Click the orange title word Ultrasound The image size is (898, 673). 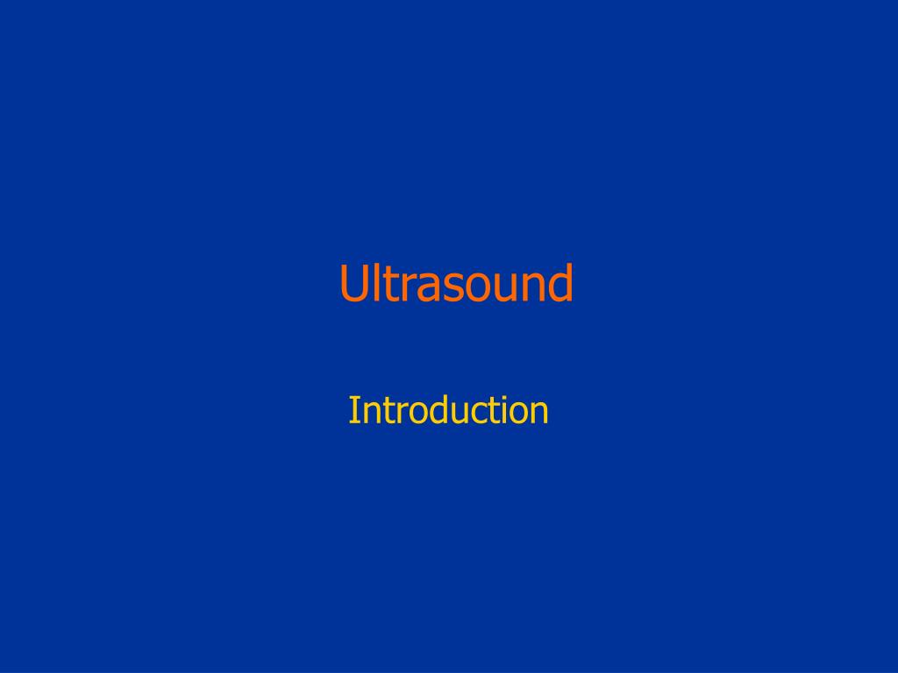[456, 283]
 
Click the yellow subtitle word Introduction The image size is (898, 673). [448, 410]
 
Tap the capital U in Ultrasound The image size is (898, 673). [353, 283]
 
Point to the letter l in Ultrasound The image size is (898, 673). [378, 282]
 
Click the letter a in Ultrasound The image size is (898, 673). [430, 287]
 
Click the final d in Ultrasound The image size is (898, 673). [561, 283]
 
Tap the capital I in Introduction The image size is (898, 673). [354, 410]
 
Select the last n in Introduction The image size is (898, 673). [540, 414]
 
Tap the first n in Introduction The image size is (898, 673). [371, 414]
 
